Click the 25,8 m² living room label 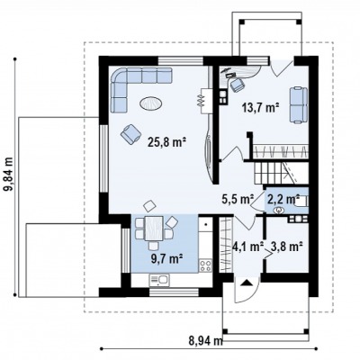tap(167, 142)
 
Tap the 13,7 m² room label tap(261, 107)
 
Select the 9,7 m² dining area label tap(167, 258)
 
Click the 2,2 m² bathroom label tap(283, 199)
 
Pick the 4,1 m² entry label tap(248, 247)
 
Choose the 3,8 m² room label tap(286, 247)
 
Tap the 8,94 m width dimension tap(206, 340)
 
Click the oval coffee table tap(151, 103)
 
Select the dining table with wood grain tap(154, 229)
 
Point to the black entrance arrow tap(247, 283)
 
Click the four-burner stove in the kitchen tap(205, 265)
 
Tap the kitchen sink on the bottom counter tap(159, 280)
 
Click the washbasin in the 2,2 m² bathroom tap(279, 211)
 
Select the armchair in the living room tap(131, 134)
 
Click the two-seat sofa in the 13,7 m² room tap(299, 104)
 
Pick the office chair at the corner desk tap(238, 85)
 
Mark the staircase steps tap(274, 173)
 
